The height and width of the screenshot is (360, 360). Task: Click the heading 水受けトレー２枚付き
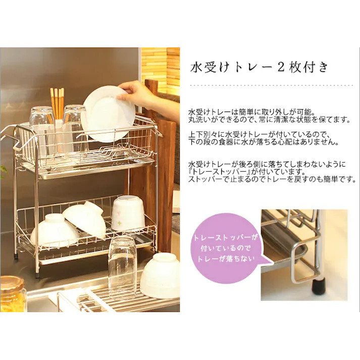pos(260,67)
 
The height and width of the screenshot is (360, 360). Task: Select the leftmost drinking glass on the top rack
pos(41,126)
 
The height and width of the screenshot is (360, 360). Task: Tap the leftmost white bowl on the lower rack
pos(54,230)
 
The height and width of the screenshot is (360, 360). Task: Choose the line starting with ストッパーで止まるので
pos(272,179)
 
